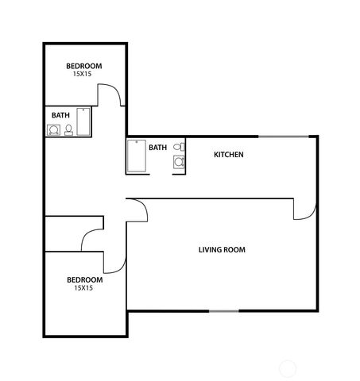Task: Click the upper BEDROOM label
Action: click(83, 66)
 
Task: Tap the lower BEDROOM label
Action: click(83, 279)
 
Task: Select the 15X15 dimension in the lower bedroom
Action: click(83, 288)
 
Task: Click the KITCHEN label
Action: click(228, 154)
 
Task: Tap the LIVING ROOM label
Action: click(222, 250)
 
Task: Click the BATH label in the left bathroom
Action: click(60, 115)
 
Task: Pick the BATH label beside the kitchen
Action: click(157, 147)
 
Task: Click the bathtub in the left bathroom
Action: click(83, 122)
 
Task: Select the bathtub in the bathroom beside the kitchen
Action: click(135, 156)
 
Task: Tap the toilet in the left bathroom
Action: click(68, 129)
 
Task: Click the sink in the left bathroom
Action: click(54, 129)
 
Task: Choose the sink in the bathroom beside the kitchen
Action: click(180, 162)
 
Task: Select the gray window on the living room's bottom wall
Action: click(223, 310)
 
